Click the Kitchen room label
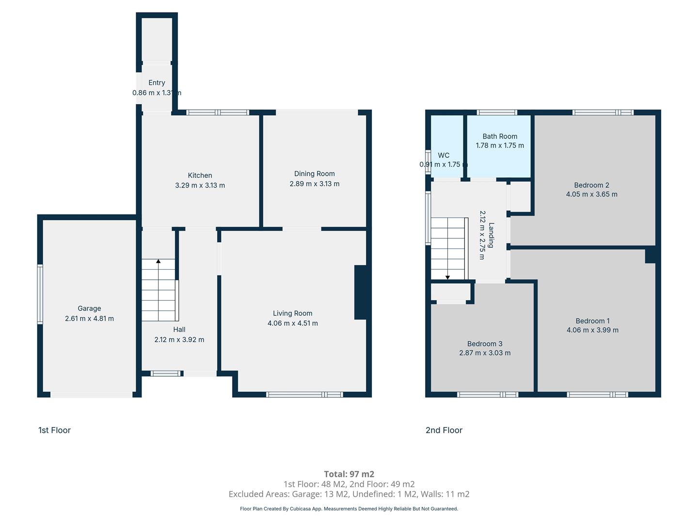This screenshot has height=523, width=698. [x=200, y=175]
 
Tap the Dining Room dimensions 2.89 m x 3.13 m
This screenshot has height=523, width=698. [x=314, y=184]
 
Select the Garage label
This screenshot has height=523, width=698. [x=89, y=308]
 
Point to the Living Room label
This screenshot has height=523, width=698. [x=293, y=313]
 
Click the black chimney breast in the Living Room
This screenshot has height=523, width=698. [x=361, y=292]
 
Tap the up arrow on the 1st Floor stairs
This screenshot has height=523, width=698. [x=159, y=261]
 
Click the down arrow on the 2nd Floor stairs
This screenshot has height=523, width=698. [x=447, y=277]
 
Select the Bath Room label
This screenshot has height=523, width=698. [x=500, y=136]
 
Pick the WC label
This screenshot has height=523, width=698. [x=444, y=155]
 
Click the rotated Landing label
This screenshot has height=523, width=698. [x=492, y=235]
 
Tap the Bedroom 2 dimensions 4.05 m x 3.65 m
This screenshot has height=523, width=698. [x=591, y=194]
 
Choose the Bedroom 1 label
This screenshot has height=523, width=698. [x=592, y=321]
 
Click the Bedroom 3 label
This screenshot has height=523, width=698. [x=485, y=344]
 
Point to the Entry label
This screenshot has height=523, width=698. [x=157, y=83]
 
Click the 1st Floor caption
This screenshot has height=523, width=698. [x=54, y=430]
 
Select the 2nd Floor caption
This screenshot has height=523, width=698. [x=444, y=430]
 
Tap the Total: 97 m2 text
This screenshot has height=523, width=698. [x=349, y=474]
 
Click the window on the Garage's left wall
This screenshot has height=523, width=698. [x=40, y=294]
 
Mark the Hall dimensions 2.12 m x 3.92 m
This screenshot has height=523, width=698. [x=179, y=339]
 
